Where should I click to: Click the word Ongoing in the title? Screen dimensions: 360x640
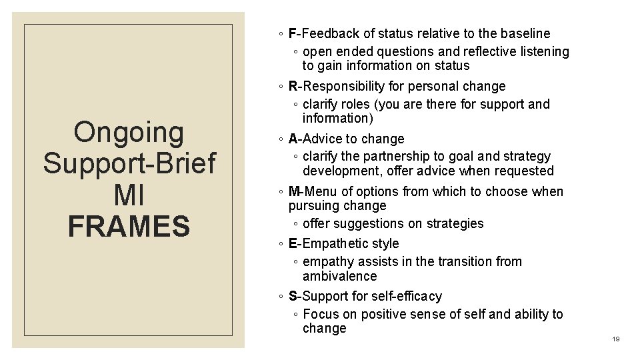pyautogui.click(x=129, y=132)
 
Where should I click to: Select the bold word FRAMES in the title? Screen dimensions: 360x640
pyautogui.click(x=129, y=226)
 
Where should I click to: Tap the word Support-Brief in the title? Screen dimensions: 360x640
pyautogui.click(x=129, y=163)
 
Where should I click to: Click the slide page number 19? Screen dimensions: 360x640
pyautogui.click(x=616, y=339)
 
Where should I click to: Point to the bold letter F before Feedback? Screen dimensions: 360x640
pyautogui.click(x=293, y=33)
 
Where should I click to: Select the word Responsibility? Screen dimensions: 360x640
pyautogui.click(x=347, y=86)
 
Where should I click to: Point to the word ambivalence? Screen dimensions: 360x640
pyautogui.click(x=339, y=276)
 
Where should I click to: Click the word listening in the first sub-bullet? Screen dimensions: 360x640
pyautogui.click(x=541, y=51)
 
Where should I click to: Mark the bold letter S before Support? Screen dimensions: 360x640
pyautogui.click(x=293, y=296)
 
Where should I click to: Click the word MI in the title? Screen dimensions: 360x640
pyautogui.click(x=129, y=195)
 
